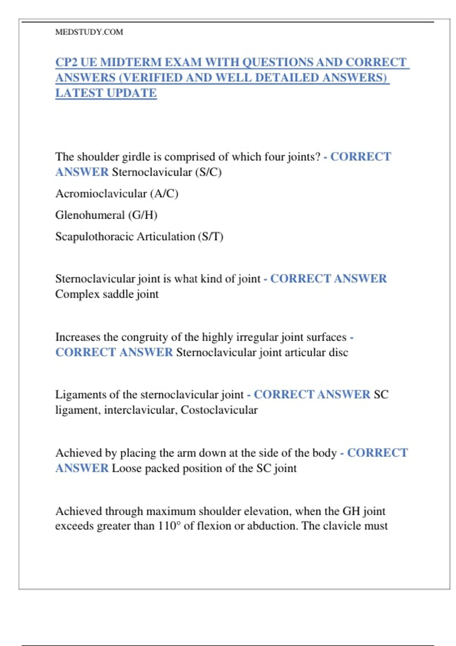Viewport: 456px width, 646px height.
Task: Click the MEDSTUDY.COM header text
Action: click(x=89, y=32)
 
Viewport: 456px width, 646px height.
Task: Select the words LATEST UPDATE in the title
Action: click(x=106, y=93)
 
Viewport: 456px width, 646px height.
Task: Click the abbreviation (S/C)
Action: click(x=208, y=172)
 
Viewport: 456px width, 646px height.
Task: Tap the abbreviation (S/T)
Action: click(x=211, y=237)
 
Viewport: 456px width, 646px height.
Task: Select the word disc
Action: click(x=338, y=353)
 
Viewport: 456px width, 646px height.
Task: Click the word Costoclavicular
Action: click(x=219, y=410)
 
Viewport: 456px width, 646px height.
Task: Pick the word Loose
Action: click(x=127, y=468)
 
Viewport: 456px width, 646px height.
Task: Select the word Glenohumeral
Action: click(x=90, y=215)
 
